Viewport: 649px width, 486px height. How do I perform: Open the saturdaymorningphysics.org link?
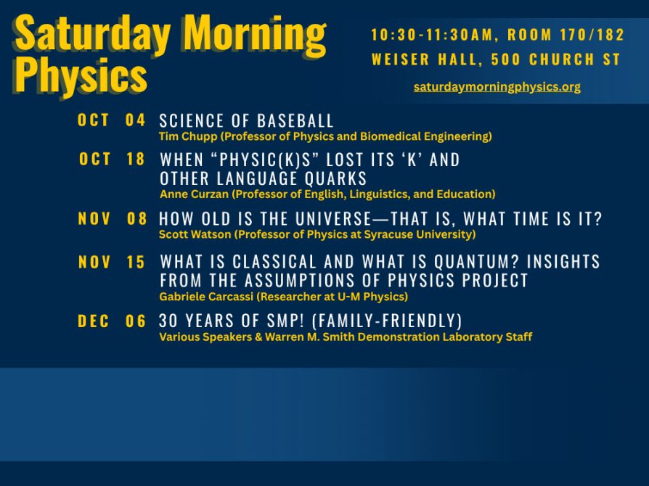(497, 87)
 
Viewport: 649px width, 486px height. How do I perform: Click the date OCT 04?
(112, 120)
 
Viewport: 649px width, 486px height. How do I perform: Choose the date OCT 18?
(112, 160)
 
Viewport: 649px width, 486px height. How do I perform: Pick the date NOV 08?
(112, 219)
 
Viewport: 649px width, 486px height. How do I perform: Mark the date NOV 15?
(112, 263)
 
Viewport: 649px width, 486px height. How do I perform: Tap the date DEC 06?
(112, 321)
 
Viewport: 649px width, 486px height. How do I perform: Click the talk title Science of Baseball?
(246, 121)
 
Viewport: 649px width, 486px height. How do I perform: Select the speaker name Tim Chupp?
(184, 136)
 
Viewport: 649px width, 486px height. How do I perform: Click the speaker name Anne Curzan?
(189, 194)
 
